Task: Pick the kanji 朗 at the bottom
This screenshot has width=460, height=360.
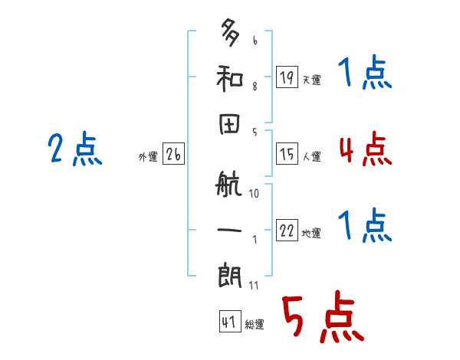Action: pos(230,275)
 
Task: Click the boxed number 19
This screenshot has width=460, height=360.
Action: pos(287,77)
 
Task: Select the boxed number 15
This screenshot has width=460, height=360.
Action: pos(287,153)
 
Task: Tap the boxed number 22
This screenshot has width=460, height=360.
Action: pos(287,230)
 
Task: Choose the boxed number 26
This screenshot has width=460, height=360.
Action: pos(173,154)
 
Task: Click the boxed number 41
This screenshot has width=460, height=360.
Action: pos(228,322)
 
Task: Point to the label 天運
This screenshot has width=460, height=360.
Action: pos(311,80)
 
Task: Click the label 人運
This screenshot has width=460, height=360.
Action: pos(311,156)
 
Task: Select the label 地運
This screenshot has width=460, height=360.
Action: pos(311,233)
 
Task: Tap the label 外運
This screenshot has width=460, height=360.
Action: pos(148,156)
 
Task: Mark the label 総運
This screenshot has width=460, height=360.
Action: pos(254,324)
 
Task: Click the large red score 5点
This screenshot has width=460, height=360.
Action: pos(321,317)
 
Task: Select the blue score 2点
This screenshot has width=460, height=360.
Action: pos(74,149)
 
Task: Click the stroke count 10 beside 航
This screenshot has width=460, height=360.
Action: pos(254,194)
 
